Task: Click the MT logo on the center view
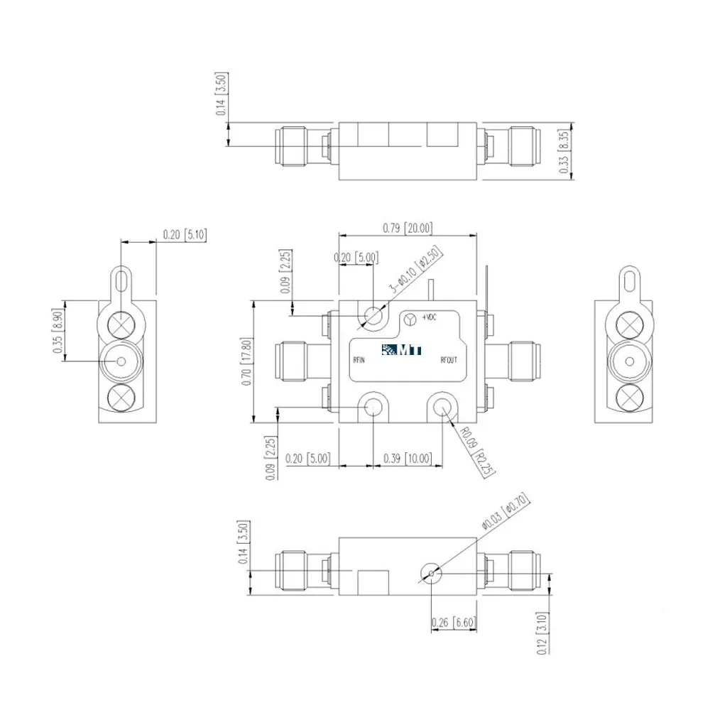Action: pyautogui.click(x=402, y=349)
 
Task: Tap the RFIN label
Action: pyautogui.click(x=359, y=361)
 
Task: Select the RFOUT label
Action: pyautogui.click(x=449, y=361)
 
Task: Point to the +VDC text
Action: pyautogui.click(x=430, y=317)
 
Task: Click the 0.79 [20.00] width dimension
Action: pyautogui.click(x=408, y=228)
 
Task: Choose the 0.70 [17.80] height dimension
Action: pyautogui.click(x=247, y=362)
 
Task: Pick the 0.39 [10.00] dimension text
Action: pyautogui.click(x=408, y=459)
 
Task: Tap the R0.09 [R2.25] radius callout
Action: pyautogui.click(x=477, y=451)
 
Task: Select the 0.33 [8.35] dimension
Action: pyautogui.click(x=564, y=151)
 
